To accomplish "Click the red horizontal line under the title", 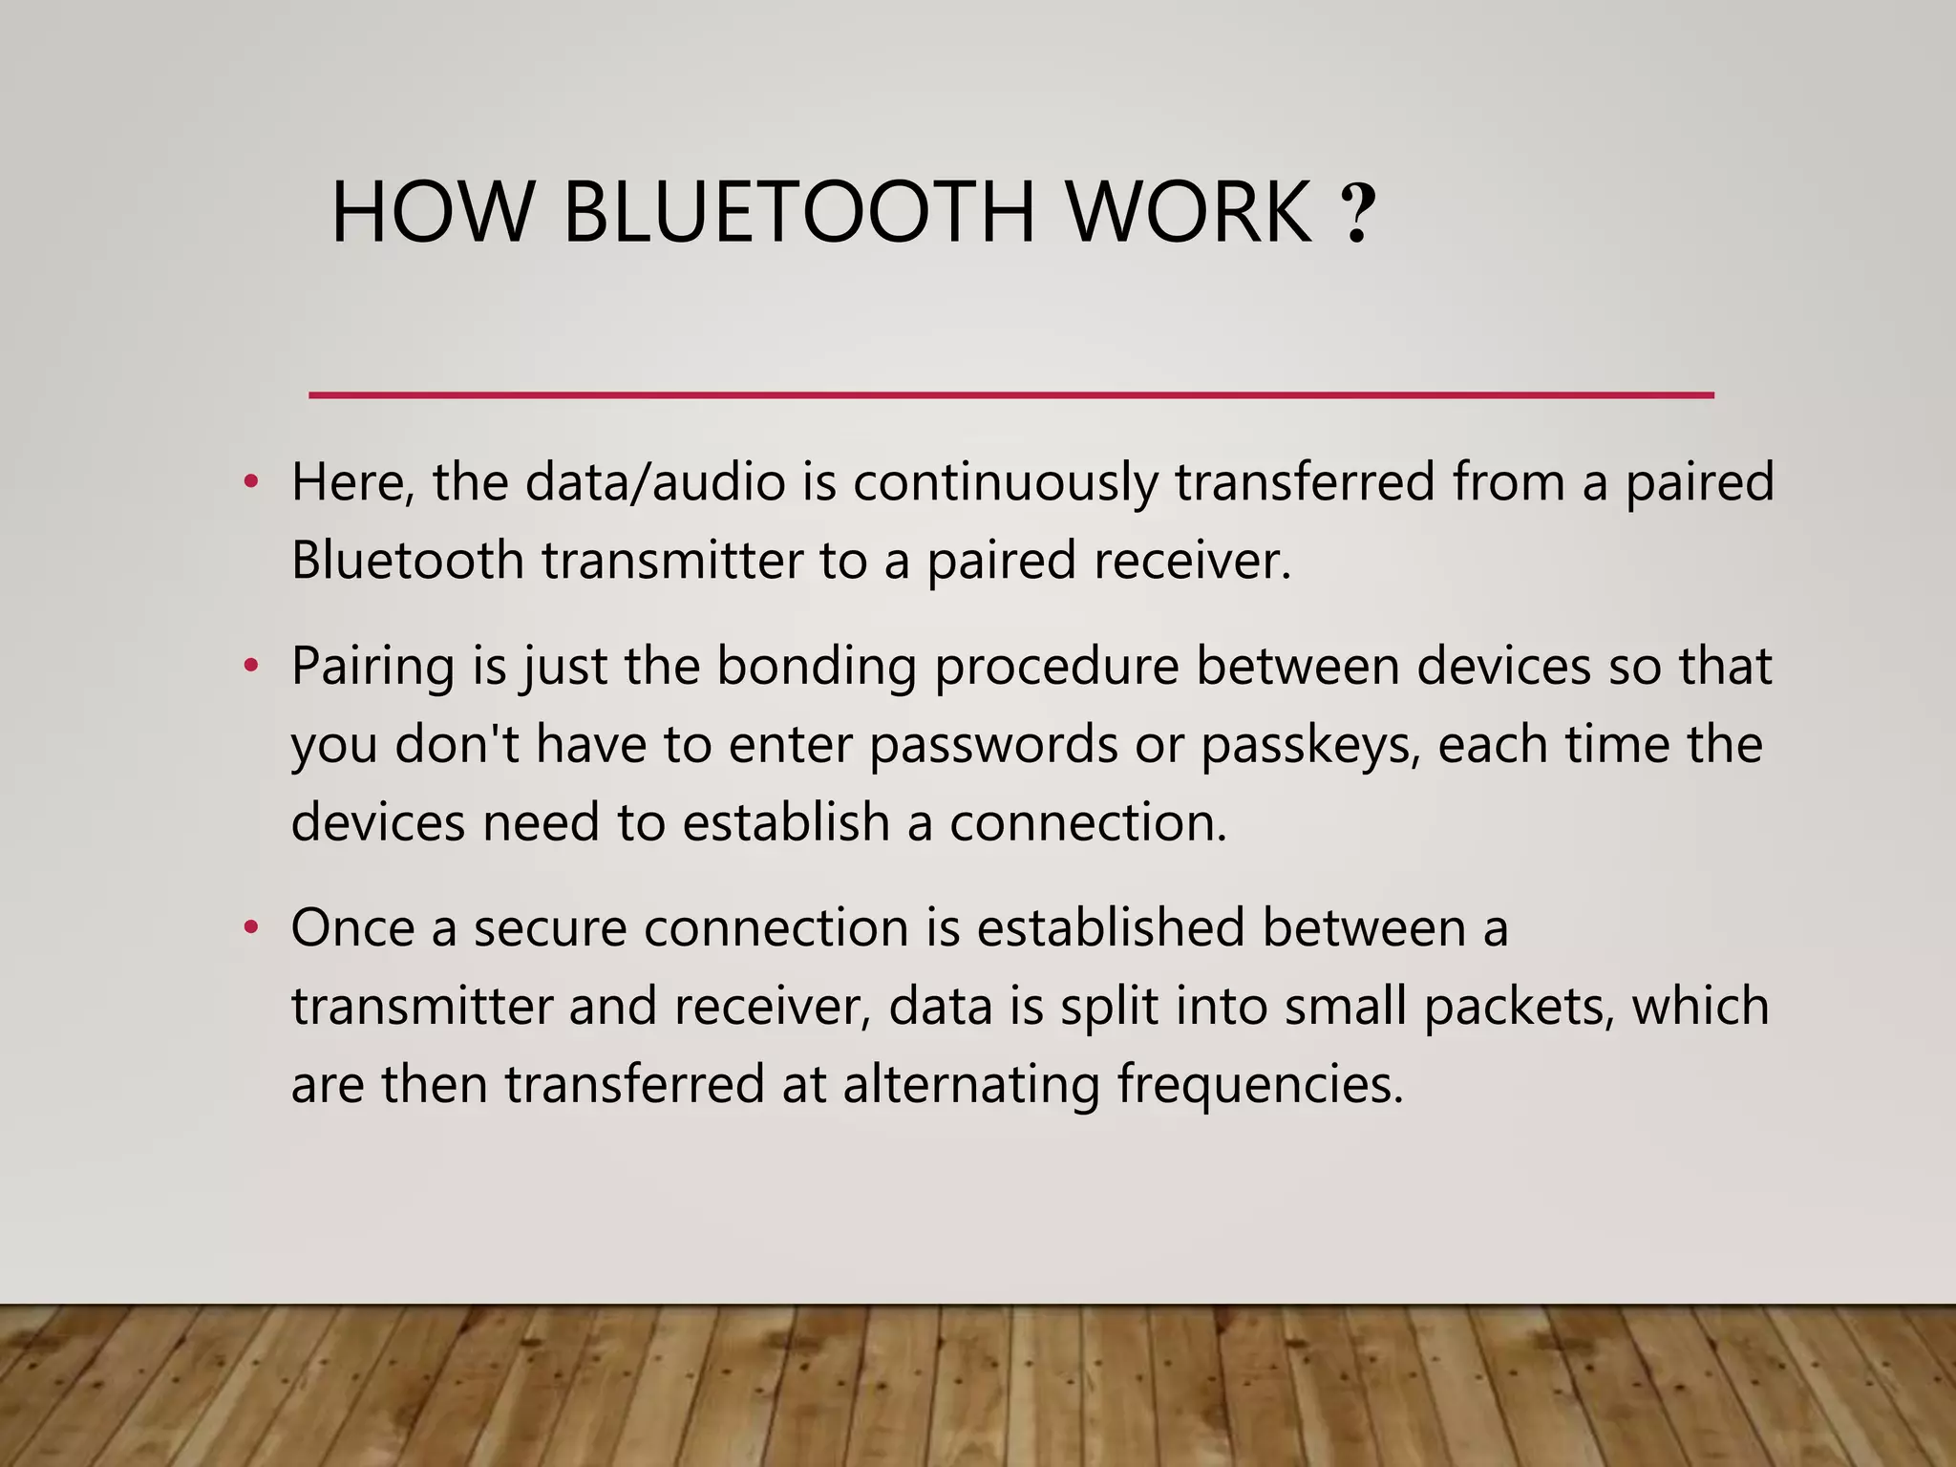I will click(1010, 394).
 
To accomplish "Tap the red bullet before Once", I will click(250, 926).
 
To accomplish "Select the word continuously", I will click(1005, 483).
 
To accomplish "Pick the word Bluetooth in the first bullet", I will click(408, 560).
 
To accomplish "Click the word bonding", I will click(817, 667).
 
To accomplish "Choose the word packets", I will click(1517, 1007).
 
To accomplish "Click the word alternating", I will click(970, 1085).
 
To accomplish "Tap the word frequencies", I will click(1261, 1085).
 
